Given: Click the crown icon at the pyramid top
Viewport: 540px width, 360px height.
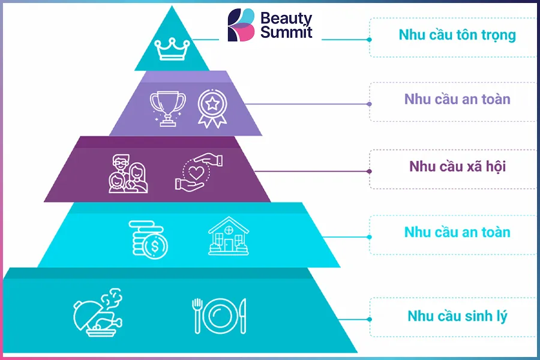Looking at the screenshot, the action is tap(172, 49).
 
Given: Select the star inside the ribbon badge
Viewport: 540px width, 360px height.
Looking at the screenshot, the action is tap(212, 103).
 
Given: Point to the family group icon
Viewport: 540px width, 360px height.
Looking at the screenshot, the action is tap(128, 173).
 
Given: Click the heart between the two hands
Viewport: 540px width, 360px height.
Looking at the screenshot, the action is tap(197, 173).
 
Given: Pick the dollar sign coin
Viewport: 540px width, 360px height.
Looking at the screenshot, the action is tap(155, 246).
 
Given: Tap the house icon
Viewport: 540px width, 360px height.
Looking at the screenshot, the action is tap(229, 236).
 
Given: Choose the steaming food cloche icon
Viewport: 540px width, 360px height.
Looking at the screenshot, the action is tap(98, 313).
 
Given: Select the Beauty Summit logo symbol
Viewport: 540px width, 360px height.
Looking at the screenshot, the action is tap(241, 25).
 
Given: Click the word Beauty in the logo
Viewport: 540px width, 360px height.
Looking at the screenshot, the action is tap(286, 19).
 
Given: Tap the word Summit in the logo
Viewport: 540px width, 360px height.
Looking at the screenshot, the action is tap(286, 32).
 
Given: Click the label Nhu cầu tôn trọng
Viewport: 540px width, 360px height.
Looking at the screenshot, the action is tap(457, 35).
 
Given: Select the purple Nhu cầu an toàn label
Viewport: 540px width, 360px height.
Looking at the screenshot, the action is tap(457, 99).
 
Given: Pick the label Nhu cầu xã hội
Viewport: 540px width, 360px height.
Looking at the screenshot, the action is tap(457, 166).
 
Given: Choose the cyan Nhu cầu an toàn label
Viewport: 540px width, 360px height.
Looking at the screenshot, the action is tap(457, 232).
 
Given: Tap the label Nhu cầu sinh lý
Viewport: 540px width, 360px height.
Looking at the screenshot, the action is tap(457, 316).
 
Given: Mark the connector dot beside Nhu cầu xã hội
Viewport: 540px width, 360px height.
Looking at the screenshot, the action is tap(369, 171).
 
